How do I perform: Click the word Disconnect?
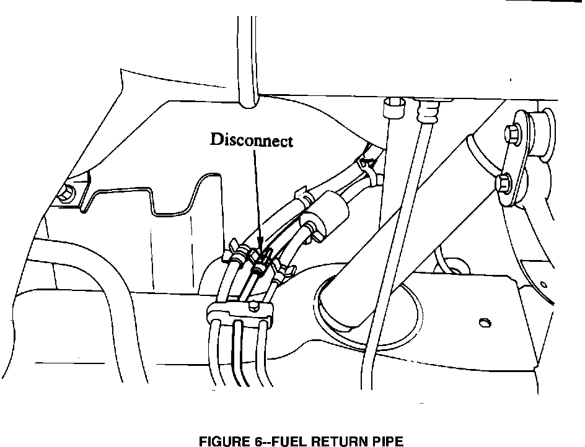pyautogui.click(x=251, y=140)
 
